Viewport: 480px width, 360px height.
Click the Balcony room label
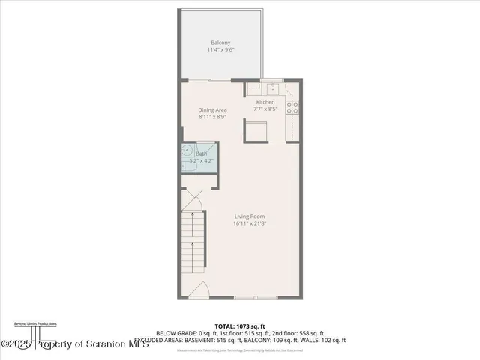[x=220, y=43]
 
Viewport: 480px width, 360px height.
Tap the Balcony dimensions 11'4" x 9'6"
[x=220, y=50]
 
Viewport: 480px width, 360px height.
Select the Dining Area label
[x=212, y=110]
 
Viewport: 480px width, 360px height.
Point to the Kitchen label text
[x=265, y=102]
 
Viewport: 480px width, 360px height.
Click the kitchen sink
[x=271, y=85]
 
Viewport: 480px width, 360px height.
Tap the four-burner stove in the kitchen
[x=294, y=107]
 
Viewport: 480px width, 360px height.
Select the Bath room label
[x=201, y=154]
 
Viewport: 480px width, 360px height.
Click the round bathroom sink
[x=187, y=151]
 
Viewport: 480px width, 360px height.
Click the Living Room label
[x=249, y=217]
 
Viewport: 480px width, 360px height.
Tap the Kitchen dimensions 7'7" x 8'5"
[x=265, y=109]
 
